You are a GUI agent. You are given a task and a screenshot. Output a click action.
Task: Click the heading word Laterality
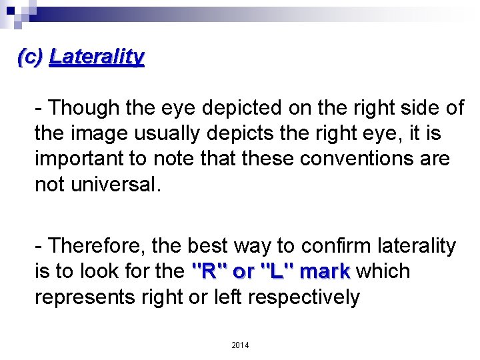(97, 57)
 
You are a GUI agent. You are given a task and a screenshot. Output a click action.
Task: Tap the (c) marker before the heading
(30, 57)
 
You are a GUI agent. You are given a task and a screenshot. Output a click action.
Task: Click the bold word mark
(325, 272)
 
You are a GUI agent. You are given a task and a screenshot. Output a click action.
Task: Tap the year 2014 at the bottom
(240, 345)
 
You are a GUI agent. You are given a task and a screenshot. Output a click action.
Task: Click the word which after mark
(383, 272)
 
